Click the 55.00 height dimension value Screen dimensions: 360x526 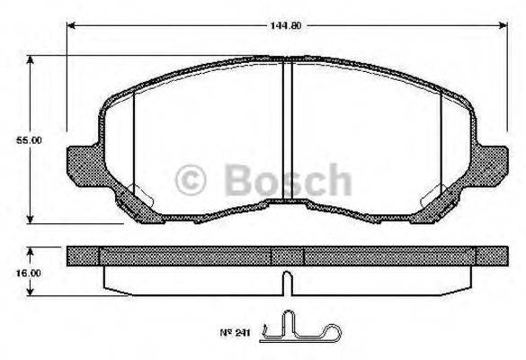coord(31,140)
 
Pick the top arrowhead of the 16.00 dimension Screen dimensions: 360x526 coord(31,251)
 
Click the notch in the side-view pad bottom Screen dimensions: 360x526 coord(287,283)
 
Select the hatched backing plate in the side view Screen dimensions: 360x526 coord(180,256)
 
